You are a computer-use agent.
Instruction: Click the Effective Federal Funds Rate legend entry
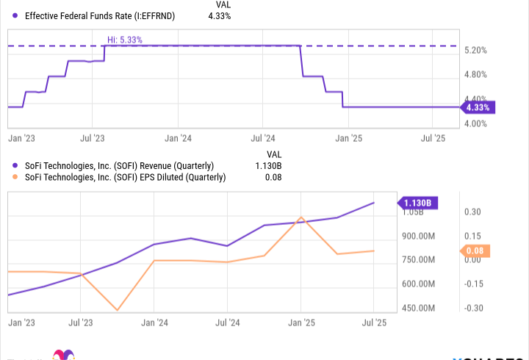(x=99, y=16)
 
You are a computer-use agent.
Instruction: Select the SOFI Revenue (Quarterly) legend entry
(x=119, y=165)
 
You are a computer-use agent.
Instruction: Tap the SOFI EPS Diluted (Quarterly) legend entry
(x=125, y=177)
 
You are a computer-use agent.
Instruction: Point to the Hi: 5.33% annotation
(x=124, y=39)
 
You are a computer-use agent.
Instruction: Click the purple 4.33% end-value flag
(x=478, y=107)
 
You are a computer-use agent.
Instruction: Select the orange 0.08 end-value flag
(x=473, y=251)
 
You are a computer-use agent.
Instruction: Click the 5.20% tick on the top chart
(x=477, y=51)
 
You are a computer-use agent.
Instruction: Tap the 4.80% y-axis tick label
(x=477, y=75)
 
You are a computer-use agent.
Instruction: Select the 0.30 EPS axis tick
(x=472, y=212)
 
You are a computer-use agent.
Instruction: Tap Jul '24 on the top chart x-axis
(x=263, y=137)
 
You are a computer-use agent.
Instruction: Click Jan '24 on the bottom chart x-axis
(x=154, y=323)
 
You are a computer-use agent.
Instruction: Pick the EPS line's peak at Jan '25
(x=301, y=217)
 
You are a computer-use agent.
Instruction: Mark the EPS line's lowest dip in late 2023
(x=117, y=310)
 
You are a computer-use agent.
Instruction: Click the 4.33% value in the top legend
(x=219, y=16)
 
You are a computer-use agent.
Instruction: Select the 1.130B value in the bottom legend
(x=271, y=165)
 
